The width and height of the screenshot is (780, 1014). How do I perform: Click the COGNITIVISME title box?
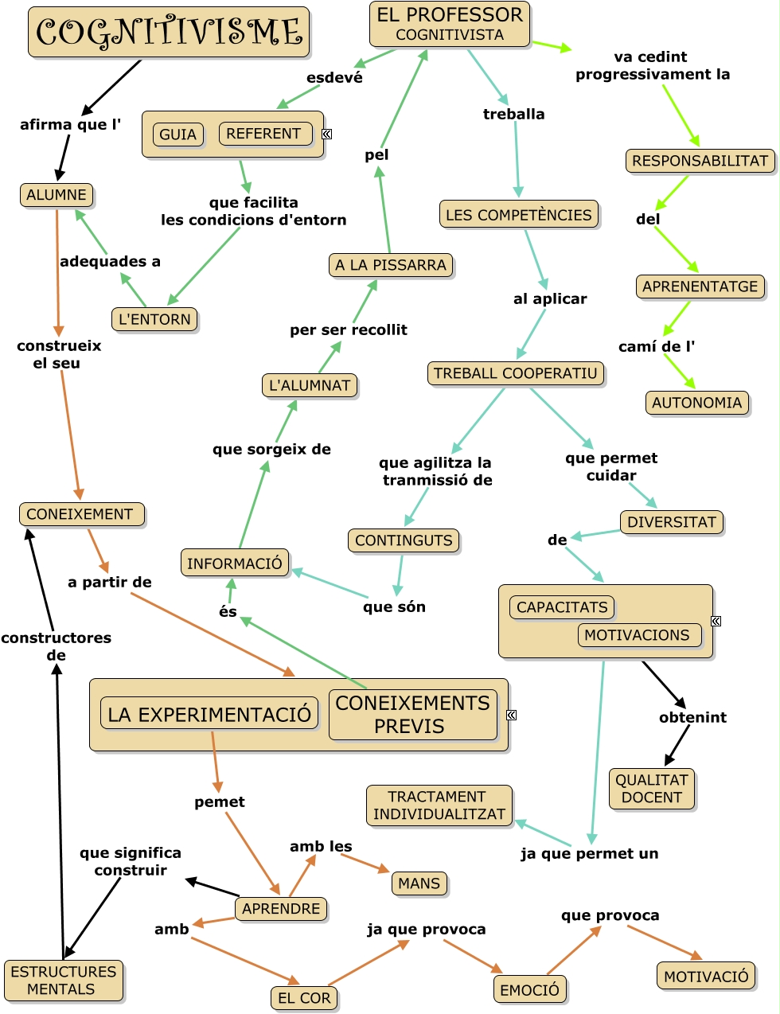(169, 33)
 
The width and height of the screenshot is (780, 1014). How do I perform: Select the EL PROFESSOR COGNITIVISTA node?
(450, 24)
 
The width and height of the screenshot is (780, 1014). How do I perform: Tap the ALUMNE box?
(57, 195)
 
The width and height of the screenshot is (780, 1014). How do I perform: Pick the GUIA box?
(177, 135)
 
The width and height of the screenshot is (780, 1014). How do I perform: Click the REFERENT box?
(263, 134)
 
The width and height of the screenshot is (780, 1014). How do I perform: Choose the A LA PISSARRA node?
(391, 265)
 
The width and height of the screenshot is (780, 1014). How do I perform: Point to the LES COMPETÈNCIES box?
(518, 214)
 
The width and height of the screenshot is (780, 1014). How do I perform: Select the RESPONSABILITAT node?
(700, 161)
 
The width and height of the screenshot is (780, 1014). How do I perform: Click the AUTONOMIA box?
(696, 403)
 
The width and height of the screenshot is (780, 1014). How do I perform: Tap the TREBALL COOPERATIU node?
(515, 373)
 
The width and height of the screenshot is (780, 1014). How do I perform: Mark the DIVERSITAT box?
(672, 522)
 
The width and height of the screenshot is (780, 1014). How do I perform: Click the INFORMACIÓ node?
(235, 564)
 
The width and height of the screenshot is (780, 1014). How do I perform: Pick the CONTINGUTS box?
(404, 540)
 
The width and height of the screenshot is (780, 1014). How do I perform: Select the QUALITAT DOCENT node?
(652, 789)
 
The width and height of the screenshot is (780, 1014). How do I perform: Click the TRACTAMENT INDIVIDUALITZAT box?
(439, 805)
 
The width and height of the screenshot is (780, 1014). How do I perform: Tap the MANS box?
(419, 883)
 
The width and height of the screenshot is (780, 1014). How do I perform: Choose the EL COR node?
(304, 998)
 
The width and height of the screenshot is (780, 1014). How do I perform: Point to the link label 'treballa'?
(514, 114)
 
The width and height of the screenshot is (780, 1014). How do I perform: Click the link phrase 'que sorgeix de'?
(271, 449)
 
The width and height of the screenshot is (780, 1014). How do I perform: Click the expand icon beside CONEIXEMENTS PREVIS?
(512, 715)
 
